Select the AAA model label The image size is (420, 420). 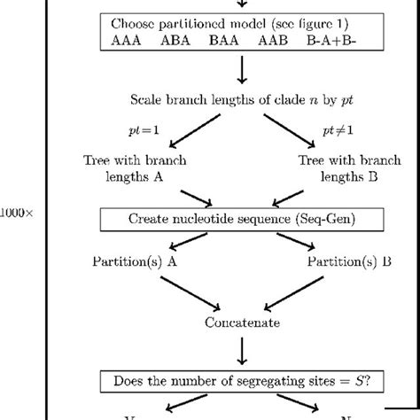pos(128,41)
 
